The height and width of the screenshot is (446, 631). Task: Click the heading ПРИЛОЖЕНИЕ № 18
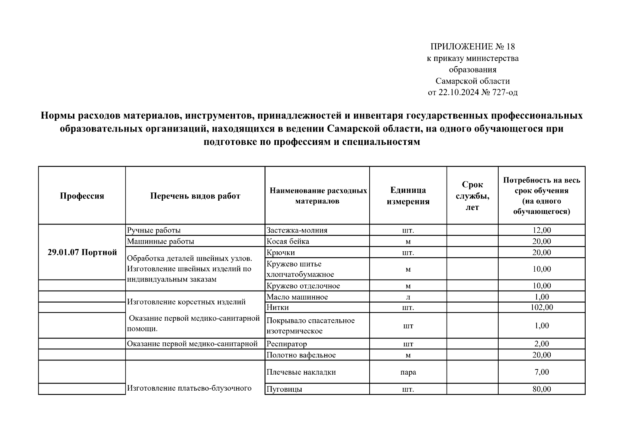click(472, 47)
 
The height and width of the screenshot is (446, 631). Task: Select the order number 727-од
click(505, 93)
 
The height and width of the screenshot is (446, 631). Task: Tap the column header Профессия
click(82, 196)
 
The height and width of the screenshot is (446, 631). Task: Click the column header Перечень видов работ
click(195, 196)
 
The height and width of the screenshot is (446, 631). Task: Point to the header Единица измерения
click(408, 196)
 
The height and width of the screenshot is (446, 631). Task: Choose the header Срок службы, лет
click(472, 196)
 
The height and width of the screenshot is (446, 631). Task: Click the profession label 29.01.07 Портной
click(82, 252)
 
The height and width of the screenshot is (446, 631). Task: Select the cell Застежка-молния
click(297, 230)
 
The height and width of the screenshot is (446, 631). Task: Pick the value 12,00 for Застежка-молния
click(541, 230)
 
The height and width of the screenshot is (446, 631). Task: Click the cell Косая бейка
click(288, 241)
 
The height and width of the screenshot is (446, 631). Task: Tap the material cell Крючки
click(281, 252)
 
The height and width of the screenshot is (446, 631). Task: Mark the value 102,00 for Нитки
click(541, 307)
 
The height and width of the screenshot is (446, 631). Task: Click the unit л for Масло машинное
click(408, 297)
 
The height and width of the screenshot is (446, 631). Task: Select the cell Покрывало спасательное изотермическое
click(310, 326)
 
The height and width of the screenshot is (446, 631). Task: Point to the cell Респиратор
click(286, 344)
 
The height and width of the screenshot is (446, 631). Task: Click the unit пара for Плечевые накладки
click(408, 372)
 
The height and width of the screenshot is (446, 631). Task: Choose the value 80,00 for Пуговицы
click(541, 389)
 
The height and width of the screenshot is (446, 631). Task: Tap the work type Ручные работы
click(154, 230)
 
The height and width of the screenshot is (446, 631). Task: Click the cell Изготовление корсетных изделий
click(186, 302)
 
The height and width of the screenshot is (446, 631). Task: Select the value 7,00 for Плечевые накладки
click(541, 372)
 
